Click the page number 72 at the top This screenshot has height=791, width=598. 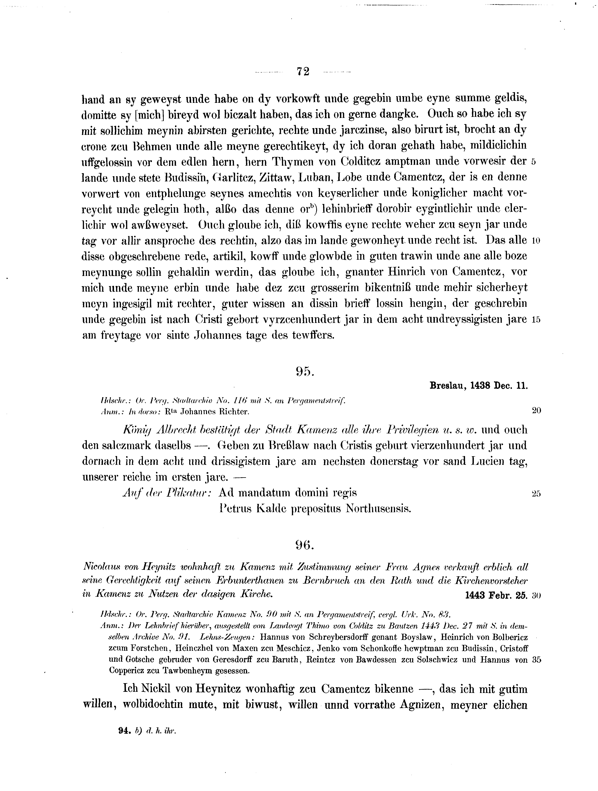point(303,71)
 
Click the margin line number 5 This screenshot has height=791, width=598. point(533,162)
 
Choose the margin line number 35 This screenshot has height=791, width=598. point(537,661)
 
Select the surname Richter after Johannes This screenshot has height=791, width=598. point(233,412)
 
